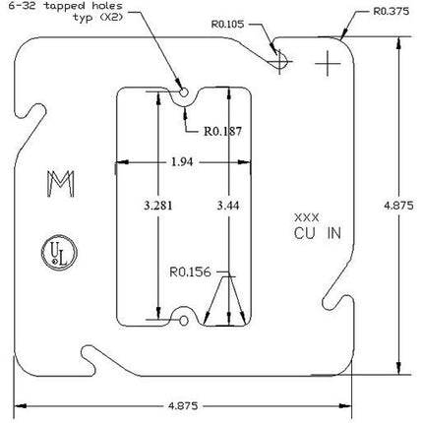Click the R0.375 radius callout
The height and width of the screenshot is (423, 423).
pos(392,12)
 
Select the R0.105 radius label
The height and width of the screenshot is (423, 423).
pos(227,25)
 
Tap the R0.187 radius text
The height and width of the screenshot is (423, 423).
pos(222,131)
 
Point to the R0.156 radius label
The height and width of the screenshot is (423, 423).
pos(190,272)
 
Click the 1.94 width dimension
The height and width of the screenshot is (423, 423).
pos(182,162)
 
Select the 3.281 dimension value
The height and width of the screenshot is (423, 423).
pos(158,206)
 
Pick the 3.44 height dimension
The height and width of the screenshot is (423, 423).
pos(228,206)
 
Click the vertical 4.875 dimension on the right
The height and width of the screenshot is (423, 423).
pos(398,206)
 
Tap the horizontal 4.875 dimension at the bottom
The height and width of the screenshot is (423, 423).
pos(183,406)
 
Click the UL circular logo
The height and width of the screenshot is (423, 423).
pos(59,253)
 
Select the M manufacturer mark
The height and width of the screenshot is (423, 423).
pos(61,184)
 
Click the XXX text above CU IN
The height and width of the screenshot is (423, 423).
pos(307,217)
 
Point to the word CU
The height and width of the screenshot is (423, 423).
pos(305,233)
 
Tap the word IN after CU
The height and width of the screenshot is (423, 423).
pos(334,233)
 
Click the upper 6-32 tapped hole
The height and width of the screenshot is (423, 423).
pos(184,92)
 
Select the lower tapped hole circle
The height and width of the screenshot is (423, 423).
pos(184,321)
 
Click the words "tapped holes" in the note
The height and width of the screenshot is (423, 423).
pos(83,6)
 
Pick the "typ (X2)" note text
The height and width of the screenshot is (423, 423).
pos(97,17)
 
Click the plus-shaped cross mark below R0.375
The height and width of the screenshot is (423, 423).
pos(328,64)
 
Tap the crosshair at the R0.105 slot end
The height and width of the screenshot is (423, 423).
pos(279,61)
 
